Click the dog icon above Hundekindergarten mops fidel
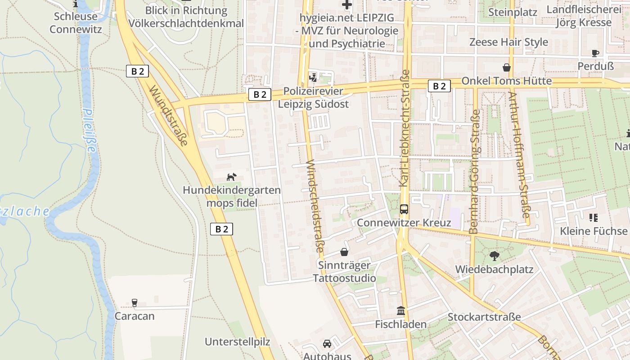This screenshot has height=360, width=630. (231, 177)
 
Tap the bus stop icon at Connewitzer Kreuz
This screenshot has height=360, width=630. (404, 209)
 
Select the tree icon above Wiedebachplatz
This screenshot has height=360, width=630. (494, 256)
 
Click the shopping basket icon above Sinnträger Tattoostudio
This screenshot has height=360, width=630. (344, 252)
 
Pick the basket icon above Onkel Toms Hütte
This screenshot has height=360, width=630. (507, 67)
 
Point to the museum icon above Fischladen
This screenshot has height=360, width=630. (401, 310)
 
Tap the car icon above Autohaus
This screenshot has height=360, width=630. (327, 343)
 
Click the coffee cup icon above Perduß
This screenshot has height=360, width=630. (595, 53)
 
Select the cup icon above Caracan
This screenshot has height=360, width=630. (134, 302)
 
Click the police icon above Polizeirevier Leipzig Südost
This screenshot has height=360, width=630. (313, 78)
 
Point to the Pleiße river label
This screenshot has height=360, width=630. (90, 131)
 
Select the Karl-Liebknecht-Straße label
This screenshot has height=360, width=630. (404, 128)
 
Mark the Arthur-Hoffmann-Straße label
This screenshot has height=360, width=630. (519, 155)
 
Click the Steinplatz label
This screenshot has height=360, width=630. (513, 12)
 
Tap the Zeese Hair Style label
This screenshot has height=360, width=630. (508, 42)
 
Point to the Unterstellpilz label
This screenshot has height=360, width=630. (238, 342)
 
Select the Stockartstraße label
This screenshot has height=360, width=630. (484, 317)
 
